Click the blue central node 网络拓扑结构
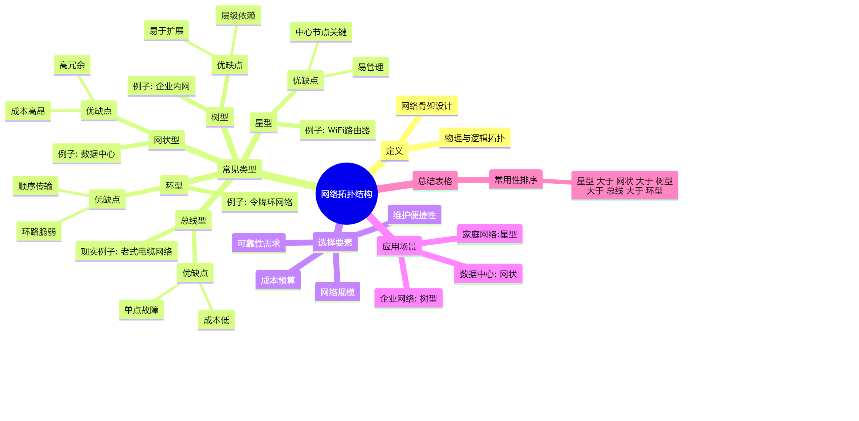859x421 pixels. (x=346, y=194)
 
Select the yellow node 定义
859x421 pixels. (x=394, y=151)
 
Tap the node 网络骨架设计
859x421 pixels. (x=426, y=106)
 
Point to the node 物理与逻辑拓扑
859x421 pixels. (x=474, y=138)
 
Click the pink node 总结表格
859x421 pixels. (x=435, y=181)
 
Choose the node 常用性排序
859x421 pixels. (x=516, y=180)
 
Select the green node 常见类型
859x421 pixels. (x=239, y=169)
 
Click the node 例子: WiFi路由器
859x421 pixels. (x=337, y=130)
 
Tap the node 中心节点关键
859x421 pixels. (x=321, y=32)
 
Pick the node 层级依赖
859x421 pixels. (x=238, y=15)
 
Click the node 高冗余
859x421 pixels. (x=72, y=65)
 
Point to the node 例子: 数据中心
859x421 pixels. (x=87, y=154)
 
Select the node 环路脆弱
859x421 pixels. (x=39, y=232)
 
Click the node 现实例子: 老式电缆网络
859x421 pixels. (x=126, y=251)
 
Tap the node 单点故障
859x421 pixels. (x=141, y=310)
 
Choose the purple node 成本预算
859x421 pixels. (x=278, y=280)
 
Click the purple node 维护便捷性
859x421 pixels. (x=414, y=215)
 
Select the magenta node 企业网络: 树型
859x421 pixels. (x=408, y=298)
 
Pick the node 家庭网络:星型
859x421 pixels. (x=489, y=234)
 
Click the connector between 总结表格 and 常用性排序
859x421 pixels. (x=473, y=180)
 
